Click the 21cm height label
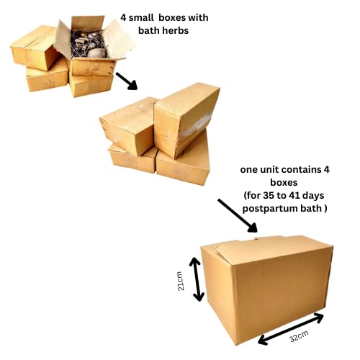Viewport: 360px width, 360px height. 181,281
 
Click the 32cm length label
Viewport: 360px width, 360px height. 299,336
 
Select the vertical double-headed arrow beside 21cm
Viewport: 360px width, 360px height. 197,279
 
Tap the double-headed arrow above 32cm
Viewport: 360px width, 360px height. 291,328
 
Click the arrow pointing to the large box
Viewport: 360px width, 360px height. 238,215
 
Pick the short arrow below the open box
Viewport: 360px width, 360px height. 126,81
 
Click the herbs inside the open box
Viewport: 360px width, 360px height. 88,45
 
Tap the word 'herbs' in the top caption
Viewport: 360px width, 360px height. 175,31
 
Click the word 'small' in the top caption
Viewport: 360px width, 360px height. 141,18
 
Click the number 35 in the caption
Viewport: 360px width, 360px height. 269,195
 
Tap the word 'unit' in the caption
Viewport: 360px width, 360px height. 269,170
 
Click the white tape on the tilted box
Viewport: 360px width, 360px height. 196,125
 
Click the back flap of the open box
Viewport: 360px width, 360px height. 88,23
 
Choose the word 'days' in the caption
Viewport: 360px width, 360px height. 313,196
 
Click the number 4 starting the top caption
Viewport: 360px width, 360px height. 123,18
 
